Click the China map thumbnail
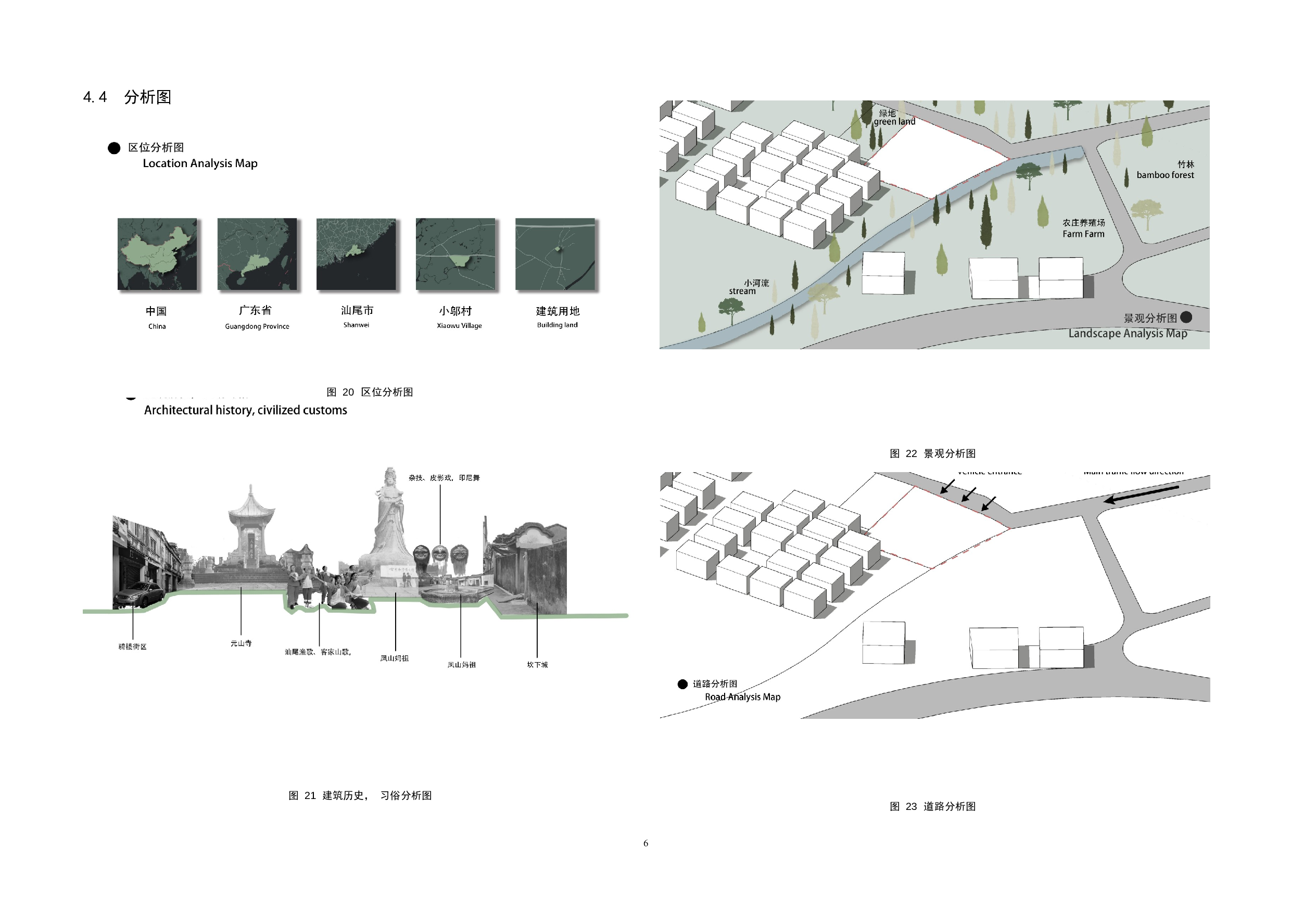pyautogui.click(x=157, y=254)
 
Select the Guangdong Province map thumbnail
pyautogui.click(x=257, y=254)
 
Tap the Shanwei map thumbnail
pyautogui.click(x=356, y=254)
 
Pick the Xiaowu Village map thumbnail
pyautogui.click(x=455, y=254)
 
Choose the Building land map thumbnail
pyautogui.click(x=555, y=254)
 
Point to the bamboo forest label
pyautogui.click(x=1165, y=175)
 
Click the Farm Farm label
pyautogui.click(x=1083, y=234)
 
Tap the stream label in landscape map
pyautogui.click(x=742, y=291)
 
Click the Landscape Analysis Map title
pyautogui.click(x=1128, y=333)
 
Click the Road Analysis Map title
pyautogui.click(x=742, y=697)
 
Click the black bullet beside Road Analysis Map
pyautogui.click(x=682, y=684)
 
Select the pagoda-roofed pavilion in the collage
pyautogui.click(x=251, y=528)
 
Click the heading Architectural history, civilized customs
pyautogui.click(x=245, y=410)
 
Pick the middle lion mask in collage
pyautogui.click(x=440, y=554)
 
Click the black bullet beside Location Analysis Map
pyautogui.click(x=114, y=148)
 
